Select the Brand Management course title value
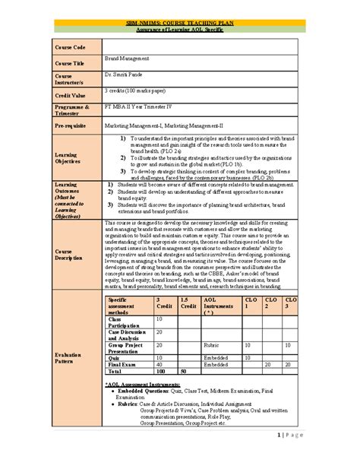pos(128,59)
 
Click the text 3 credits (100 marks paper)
pos(142,90)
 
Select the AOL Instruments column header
pos(220,306)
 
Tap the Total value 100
pos(160,372)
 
